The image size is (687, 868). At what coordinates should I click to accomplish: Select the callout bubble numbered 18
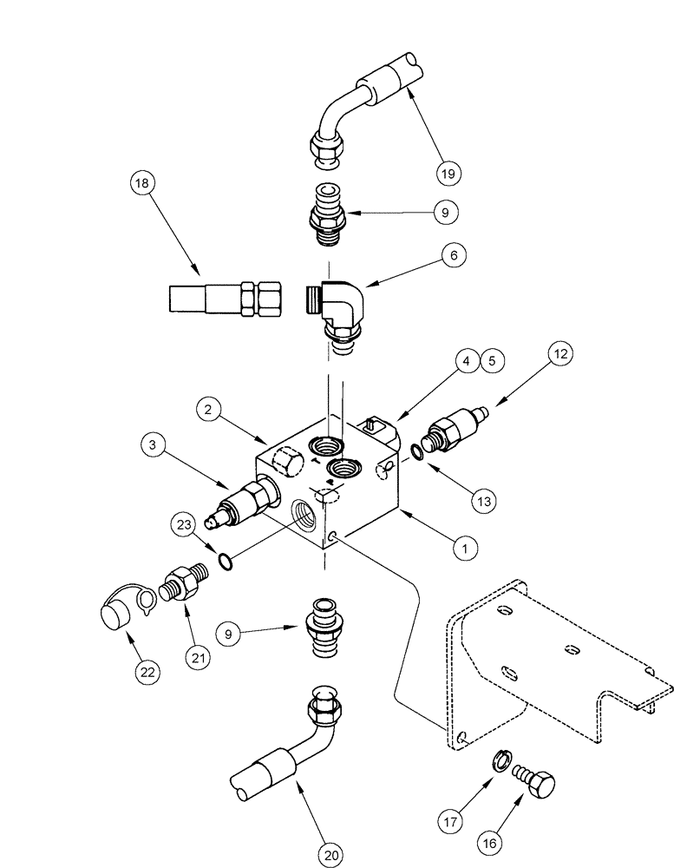(143, 183)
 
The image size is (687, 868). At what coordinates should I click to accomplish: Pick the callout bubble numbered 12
(559, 354)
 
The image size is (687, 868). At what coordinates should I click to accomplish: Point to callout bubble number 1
(466, 548)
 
